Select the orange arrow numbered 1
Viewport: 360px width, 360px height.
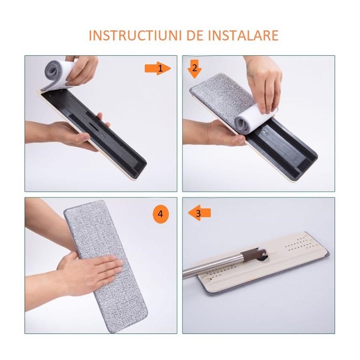(158, 69)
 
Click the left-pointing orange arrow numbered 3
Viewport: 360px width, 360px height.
(199, 214)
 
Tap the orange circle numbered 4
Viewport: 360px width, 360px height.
(160, 214)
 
